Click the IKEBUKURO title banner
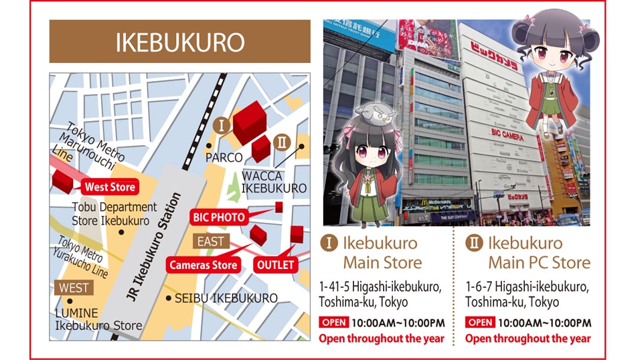pos(179,41)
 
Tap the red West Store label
pos(110,187)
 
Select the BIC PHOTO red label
pos(219,217)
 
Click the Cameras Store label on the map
pos(203,265)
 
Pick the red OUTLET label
pos(275,265)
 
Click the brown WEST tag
pos(74,288)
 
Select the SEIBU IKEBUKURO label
pos(226,298)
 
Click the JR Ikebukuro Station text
pos(155,248)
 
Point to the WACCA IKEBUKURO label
pos(273,181)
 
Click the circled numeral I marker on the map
pos(221,125)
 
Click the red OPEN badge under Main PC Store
pos(480,323)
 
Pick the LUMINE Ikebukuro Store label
pos(98,319)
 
